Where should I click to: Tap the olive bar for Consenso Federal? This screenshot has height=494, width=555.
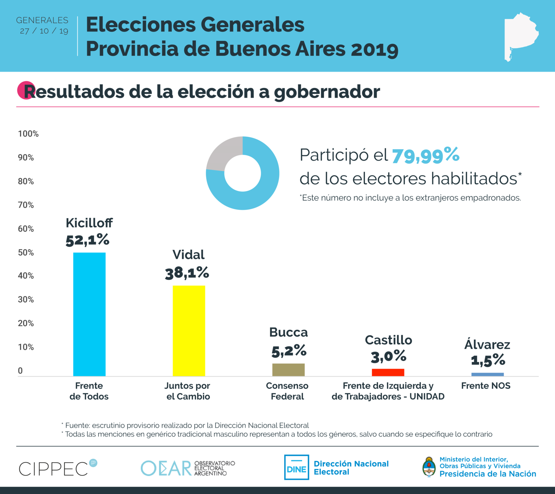[x=288, y=370]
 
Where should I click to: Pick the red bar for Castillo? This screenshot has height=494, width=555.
[x=388, y=372]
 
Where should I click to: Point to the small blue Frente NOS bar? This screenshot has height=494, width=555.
[x=487, y=374]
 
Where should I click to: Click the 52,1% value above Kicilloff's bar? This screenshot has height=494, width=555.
[x=87, y=240]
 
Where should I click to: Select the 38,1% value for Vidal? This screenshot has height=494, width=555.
[x=187, y=273]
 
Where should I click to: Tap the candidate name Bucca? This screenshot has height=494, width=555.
[x=288, y=332]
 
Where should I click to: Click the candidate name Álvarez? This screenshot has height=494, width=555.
[x=487, y=344]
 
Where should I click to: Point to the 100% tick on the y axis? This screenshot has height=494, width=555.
[x=28, y=134]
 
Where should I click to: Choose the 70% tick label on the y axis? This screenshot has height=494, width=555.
[x=26, y=205]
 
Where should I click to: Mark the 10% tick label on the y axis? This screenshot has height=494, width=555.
[x=26, y=347]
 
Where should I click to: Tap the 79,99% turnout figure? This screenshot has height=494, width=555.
[x=426, y=155]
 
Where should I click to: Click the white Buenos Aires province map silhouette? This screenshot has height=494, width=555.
[x=520, y=37]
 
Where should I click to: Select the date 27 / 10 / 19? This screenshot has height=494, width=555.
[x=44, y=31]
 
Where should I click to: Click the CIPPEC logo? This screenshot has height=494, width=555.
[x=58, y=468]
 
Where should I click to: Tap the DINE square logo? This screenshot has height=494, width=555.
[x=296, y=467]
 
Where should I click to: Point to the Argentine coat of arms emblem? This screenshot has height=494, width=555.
[x=429, y=467]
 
